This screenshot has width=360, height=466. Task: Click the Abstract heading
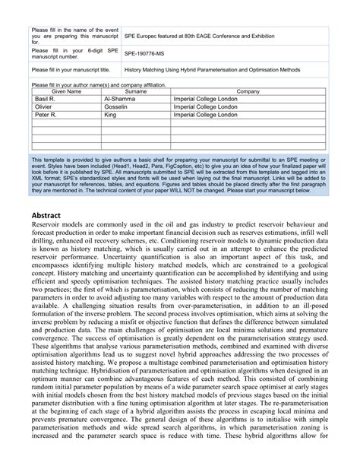pos(49,214)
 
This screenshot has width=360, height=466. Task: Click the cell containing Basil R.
pos(46,100)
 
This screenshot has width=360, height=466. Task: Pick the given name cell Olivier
pos(46,108)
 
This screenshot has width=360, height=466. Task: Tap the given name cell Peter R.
pos(46,116)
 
